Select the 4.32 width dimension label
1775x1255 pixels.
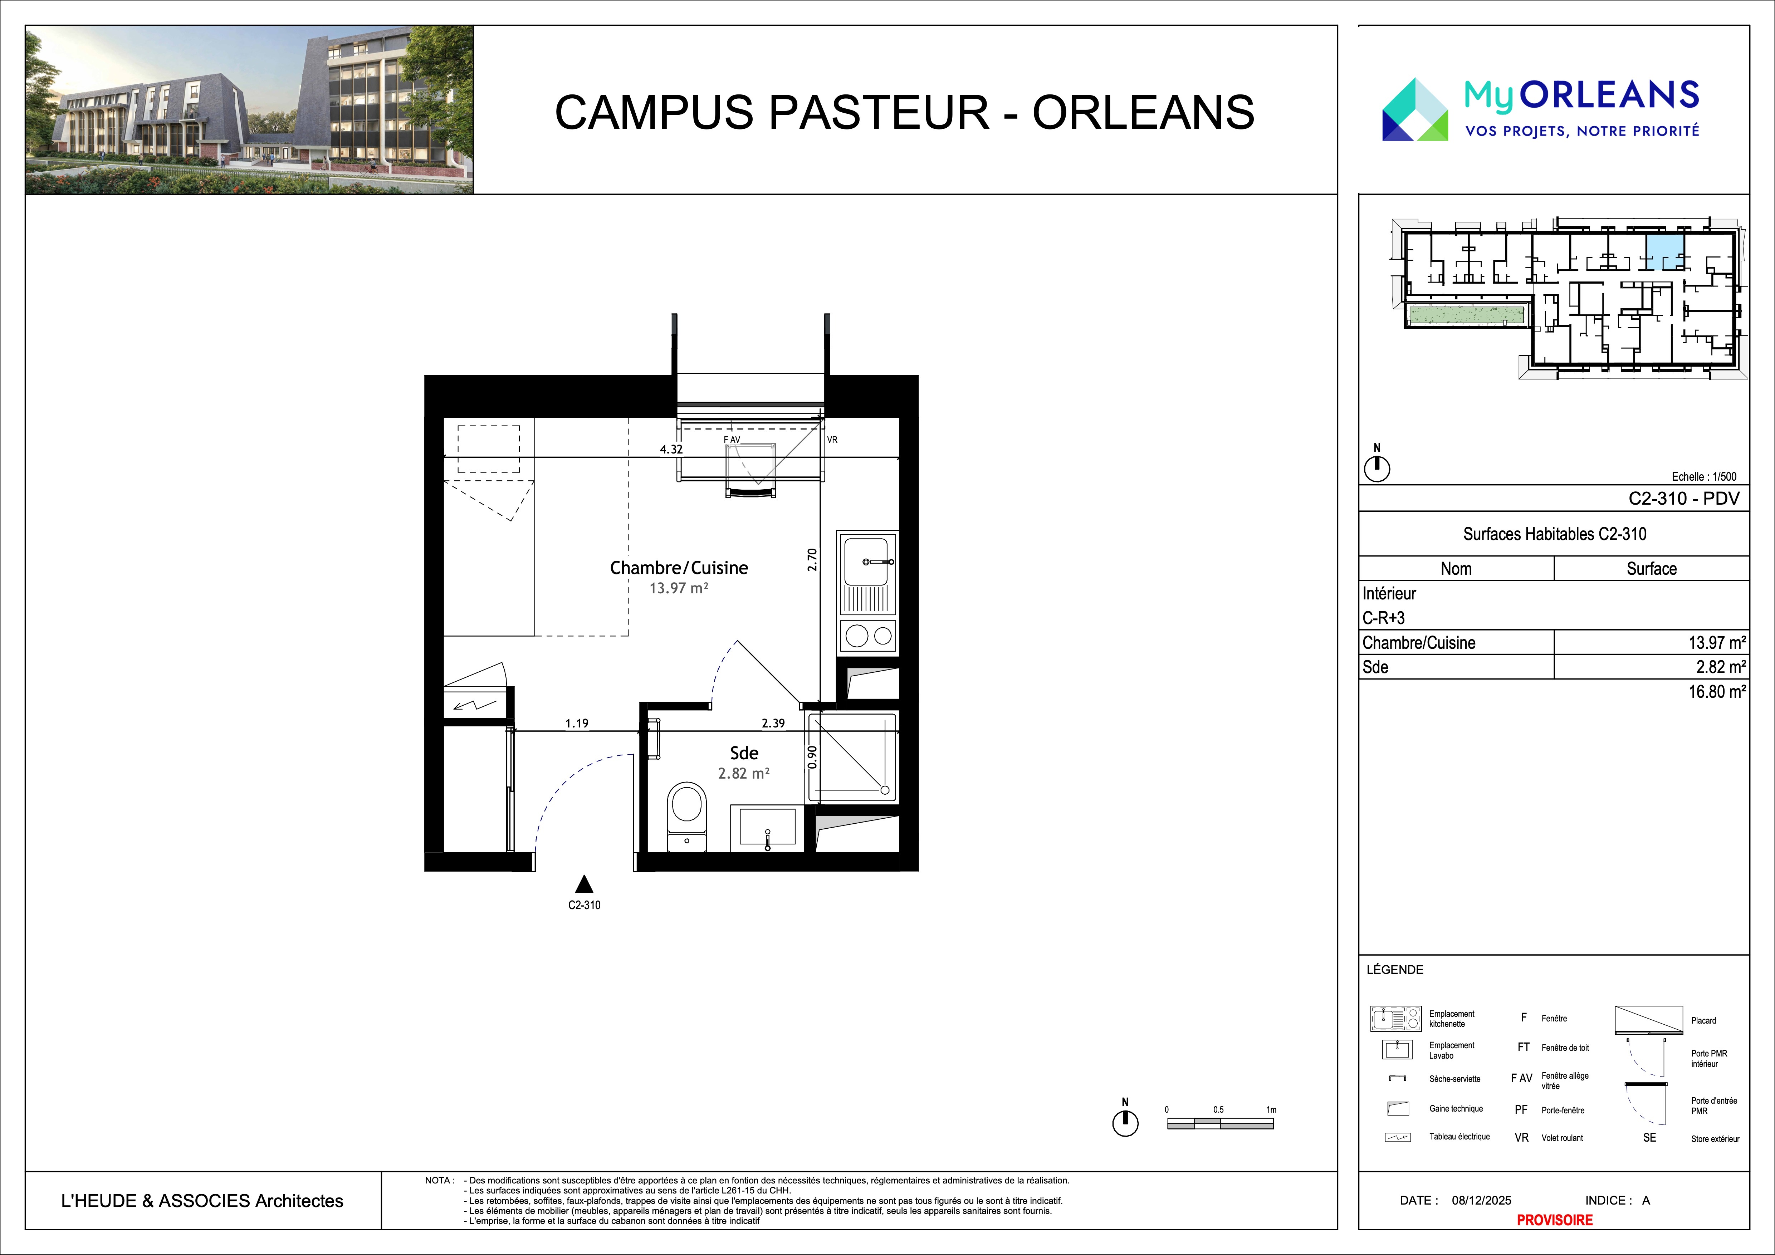(671, 449)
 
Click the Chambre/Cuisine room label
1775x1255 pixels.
(679, 568)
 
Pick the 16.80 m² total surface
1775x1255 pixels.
(1716, 692)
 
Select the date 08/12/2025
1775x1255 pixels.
(1481, 1200)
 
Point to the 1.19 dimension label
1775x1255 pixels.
(577, 723)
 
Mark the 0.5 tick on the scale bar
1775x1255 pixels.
(1218, 1110)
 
